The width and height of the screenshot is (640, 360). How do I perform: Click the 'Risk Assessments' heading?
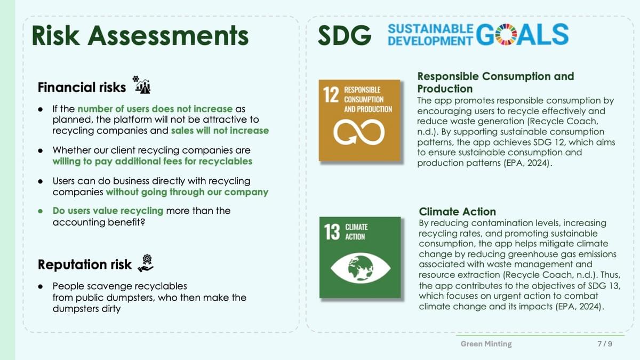click(140, 35)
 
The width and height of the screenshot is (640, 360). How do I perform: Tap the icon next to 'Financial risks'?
click(142, 85)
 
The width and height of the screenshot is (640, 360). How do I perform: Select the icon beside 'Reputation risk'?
click(146, 263)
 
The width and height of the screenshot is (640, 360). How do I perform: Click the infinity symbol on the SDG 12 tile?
click(359, 132)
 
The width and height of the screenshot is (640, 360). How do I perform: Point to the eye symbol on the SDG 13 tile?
click(361, 268)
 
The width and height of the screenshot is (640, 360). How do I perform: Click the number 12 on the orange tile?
click(331, 95)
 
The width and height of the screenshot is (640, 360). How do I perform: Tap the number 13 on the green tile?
click(332, 231)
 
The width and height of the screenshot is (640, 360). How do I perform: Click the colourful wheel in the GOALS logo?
click(506, 35)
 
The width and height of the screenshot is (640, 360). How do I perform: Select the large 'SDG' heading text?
click(345, 35)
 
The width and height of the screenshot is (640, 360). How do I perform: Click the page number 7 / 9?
click(605, 343)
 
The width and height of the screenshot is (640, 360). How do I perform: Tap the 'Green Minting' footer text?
click(486, 343)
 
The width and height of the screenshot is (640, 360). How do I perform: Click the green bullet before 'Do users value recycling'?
click(41, 211)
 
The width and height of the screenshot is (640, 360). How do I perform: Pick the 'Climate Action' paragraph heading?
click(457, 212)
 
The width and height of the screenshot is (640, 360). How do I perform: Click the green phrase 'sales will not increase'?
click(220, 131)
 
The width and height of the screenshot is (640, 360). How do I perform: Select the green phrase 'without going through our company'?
click(187, 192)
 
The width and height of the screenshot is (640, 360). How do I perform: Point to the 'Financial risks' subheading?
click(82, 87)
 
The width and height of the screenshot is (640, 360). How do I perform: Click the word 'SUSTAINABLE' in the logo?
click(430, 29)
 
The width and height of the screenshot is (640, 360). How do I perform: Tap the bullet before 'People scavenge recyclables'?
click(41, 286)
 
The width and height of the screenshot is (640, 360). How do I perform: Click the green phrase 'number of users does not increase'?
click(155, 109)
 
